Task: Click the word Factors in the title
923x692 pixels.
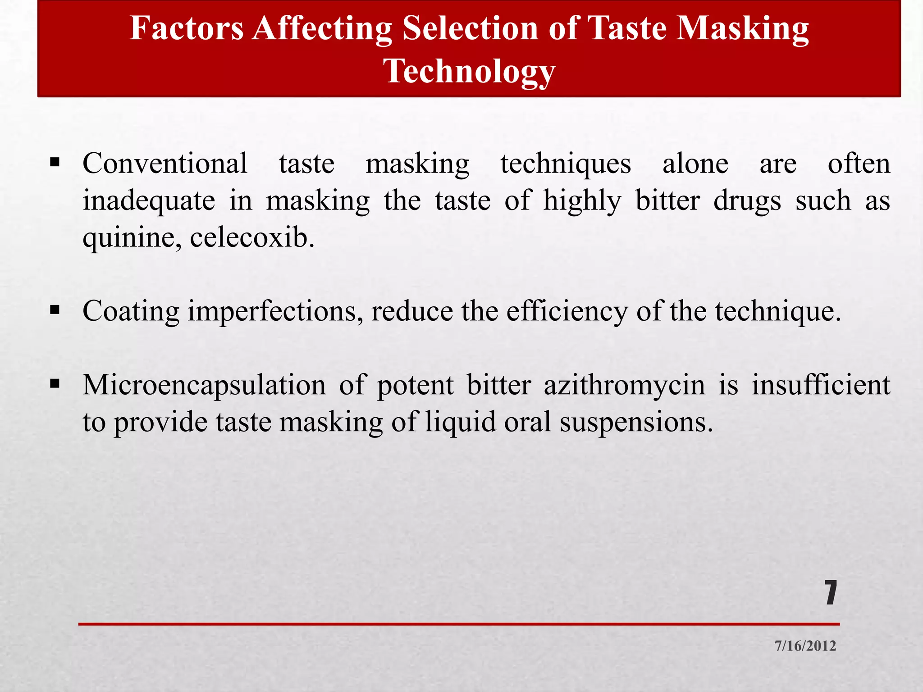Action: (x=187, y=28)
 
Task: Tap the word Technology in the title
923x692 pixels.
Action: (x=469, y=71)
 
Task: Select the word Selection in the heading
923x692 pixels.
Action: (x=470, y=28)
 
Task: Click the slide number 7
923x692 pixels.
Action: (x=831, y=593)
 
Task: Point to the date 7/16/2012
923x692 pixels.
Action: (x=805, y=646)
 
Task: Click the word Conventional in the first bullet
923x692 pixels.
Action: (x=165, y=163)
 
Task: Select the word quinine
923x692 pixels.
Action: (x=133, y=238)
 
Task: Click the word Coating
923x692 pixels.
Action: (x=131, y=312)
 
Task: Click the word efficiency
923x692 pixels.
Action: (x=567, y=312)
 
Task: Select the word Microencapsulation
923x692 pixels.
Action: (x=204, y=386)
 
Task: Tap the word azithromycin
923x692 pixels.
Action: (x=624, y=386)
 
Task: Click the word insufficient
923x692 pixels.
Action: (x=821, y=386)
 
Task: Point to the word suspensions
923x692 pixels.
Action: (x=636, y=423)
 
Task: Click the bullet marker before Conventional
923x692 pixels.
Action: (x=55, y=162)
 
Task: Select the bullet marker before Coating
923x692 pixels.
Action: (x=55, y=310)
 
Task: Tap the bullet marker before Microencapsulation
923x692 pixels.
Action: (x=55, y=383)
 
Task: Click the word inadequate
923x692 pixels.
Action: (x=149, y=200)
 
